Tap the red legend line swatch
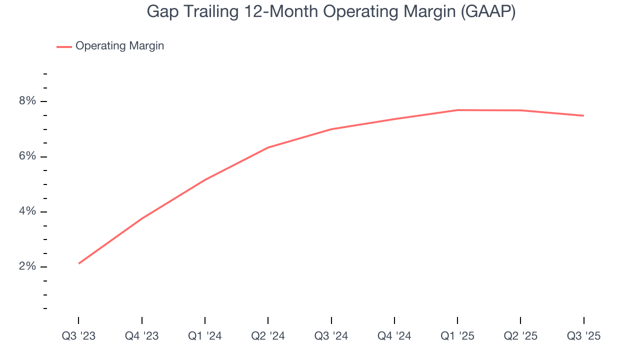pyautogui.click(x=64, y=46)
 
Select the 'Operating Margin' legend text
pyautogui.click(x=119, y=46)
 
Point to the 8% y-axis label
pyautogui.click(x=27, y=101)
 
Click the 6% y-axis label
pyautogui.click(x=27, y=156)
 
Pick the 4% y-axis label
pyautogui.click(x=27, y=211)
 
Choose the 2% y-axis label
pyautogui.click(x=27, y=266)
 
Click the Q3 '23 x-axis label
pyautogui.click(x=78, y=336)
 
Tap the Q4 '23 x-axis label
pyautogui.click(x=141, y=336)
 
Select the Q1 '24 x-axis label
pyautogui.click(x=205, y=336)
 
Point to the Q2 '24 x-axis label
pyautogui.click(x=268, y=336)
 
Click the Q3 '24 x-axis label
pyautogui.click(x=331, y=336)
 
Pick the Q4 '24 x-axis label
pyautogui.click(x=394, y=336)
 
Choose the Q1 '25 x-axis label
pyautogui.click(x=457, y=336)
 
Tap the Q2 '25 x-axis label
pyautogui.click(x=520, y=336)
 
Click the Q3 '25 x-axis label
pyautogui.click(x=583, y=336)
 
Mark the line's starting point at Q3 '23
pyautogui.click(x=79, y=263)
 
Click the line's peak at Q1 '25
pyautogui.click(x=457, y=110)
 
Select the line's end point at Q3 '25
pyautogui.click(x=583, y=115)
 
